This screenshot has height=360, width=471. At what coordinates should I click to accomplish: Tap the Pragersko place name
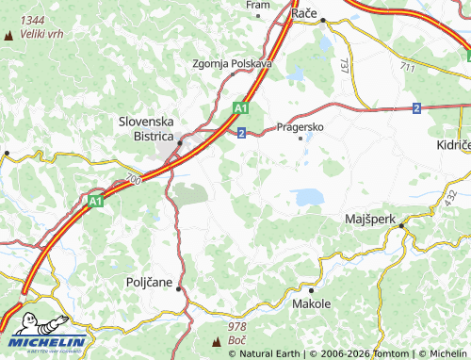300,125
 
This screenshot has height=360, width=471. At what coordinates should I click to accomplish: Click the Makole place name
312,303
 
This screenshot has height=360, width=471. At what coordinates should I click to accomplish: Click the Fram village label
257,5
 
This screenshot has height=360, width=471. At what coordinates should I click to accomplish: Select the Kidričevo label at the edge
453,147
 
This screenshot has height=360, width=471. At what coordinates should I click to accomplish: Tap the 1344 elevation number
32,20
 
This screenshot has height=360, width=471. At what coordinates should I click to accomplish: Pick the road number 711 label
406,67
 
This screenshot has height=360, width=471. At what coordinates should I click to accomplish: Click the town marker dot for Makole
312,288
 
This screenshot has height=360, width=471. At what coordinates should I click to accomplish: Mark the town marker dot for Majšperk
400,226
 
